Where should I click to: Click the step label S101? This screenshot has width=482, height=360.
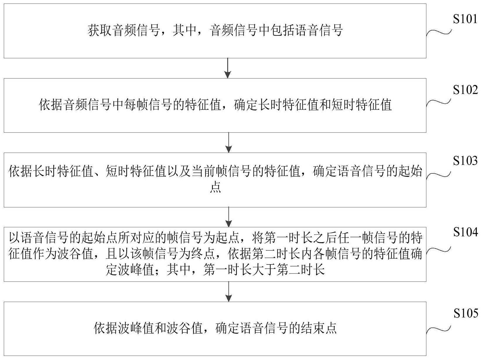tap(465, 19)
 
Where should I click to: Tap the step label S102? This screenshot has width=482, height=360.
tap(465, 90)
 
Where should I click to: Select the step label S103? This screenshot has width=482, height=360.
tap(465, 161)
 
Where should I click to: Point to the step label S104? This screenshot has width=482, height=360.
tap(465, 232)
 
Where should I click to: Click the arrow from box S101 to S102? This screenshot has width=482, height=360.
tap(228, 68)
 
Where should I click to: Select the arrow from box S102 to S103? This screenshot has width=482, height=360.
tap(228, 142)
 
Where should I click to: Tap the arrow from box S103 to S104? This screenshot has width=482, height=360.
tap(228, 217)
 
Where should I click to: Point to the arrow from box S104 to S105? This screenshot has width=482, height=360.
tap(228, 291)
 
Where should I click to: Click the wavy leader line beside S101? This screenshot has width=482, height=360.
tap(439, 32)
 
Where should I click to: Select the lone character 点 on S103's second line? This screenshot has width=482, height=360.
tap(215, 187)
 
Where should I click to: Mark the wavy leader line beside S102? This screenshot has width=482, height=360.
tap(439, 103)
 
